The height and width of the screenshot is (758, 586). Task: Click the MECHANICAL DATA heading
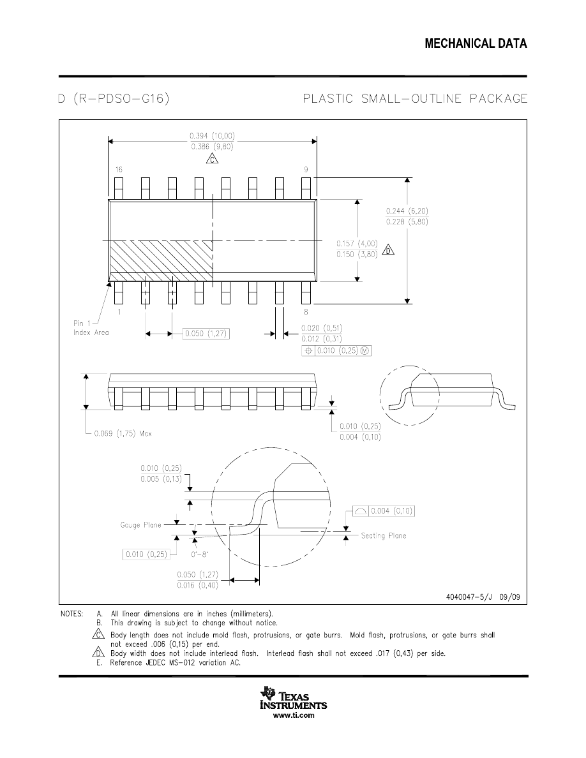476,43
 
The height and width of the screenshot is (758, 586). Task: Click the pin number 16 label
119,170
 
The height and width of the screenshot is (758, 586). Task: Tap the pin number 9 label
306,170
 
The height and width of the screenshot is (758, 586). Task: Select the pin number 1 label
119,313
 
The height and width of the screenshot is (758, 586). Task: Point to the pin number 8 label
306,313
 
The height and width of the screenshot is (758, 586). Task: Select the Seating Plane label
383,535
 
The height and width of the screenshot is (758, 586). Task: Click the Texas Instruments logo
293,701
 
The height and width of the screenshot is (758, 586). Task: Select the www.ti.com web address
294,716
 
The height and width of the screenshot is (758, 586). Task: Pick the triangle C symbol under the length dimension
212,159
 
